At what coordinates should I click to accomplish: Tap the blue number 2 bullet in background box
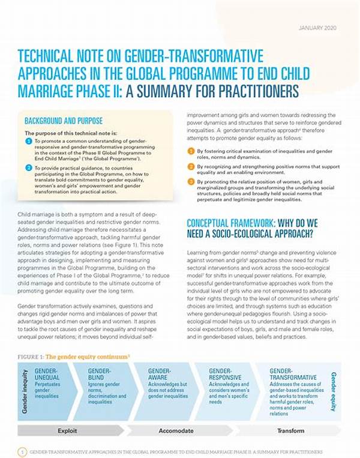[28, 169]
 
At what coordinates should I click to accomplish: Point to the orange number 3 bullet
[191, 181]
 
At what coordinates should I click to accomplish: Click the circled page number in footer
[22, 451]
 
